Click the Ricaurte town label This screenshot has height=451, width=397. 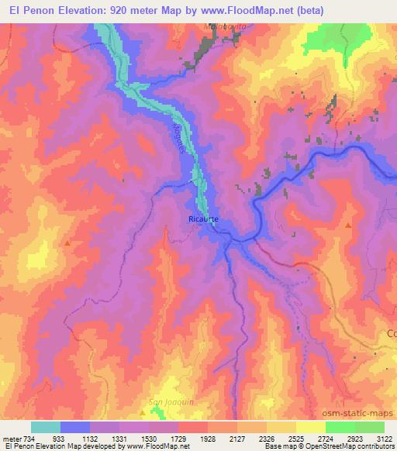coord(204,219)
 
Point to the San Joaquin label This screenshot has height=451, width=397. coord(164,401)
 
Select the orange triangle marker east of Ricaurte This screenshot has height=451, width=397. coord(348,225)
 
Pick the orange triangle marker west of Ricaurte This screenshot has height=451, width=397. coord(68,243)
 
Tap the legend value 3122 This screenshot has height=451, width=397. coord(383,438)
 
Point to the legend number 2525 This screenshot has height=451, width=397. coord(295,438)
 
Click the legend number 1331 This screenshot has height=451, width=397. coord(119,438)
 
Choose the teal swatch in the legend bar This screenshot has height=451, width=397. coord(46,427)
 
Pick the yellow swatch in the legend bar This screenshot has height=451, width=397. coord(311,427)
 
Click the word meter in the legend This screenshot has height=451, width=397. coord(11,438)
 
